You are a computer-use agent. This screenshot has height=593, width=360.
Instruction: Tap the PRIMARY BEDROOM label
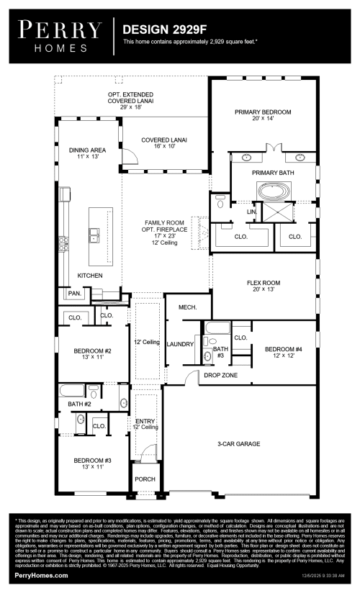coord(263,112)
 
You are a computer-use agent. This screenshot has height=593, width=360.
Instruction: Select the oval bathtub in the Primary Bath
coord(272,192)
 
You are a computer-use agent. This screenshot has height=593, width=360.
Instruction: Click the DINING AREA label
coord(87,150)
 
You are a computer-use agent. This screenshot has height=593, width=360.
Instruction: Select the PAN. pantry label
coord(74,294)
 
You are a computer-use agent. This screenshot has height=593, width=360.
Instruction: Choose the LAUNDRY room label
coord(180,344)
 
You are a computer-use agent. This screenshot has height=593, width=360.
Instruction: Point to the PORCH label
coord(145,479)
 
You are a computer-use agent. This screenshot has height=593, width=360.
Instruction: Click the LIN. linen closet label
coord(252,212)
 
